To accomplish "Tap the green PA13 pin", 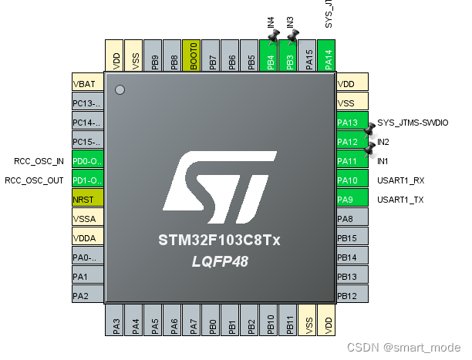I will [351, 123].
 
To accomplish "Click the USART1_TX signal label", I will [401, 200].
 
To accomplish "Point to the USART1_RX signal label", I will [401, 180].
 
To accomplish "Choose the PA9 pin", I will [351, 200].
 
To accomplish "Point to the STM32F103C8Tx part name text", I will [220, 241].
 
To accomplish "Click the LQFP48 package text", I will [220, 261].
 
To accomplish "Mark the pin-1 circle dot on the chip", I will [120, 90].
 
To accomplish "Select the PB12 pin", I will [351, 296].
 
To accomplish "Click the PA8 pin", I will [351, 219].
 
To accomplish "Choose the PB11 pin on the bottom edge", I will [289, 320].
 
